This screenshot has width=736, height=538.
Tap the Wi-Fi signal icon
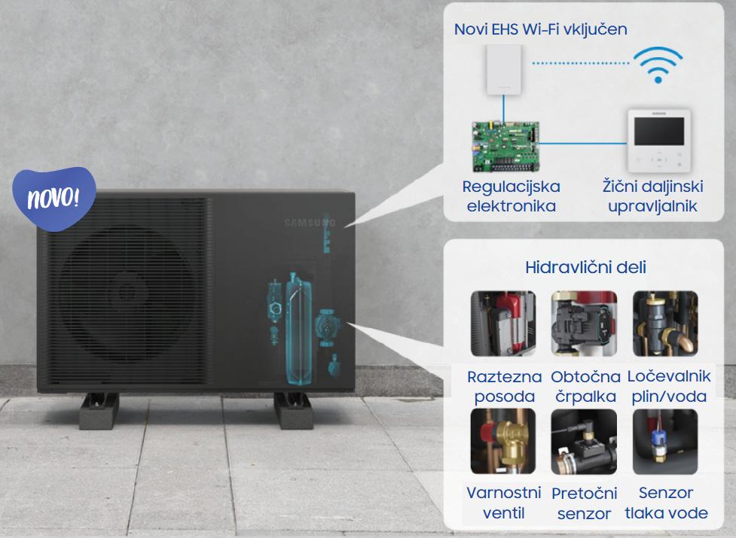tap(657, 64)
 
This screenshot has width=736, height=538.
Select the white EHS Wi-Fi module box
tap(505, 69)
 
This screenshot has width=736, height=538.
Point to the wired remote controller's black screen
tap(658, 130)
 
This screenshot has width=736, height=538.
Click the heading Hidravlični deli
tap(585, 268)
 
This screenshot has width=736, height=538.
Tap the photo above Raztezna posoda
tap(502, 324)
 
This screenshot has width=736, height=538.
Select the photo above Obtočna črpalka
tap(584, 324)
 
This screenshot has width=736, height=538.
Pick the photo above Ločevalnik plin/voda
tap(665, 324)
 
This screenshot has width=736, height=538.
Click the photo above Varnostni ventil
tap(502, 441)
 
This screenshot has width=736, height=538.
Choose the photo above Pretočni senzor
tap(584, 441)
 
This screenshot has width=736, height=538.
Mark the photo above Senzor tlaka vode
tap(665, 441)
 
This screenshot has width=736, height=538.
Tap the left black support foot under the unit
tap(99, 409)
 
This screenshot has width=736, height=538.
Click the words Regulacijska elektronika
tap(512, 196)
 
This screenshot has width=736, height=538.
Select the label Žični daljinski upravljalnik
tap(653, 196)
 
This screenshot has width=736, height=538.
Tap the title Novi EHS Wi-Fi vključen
tap(541, 29)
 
